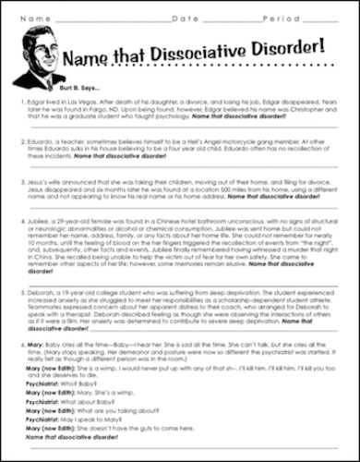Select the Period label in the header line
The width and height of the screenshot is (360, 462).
pos(276,18)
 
